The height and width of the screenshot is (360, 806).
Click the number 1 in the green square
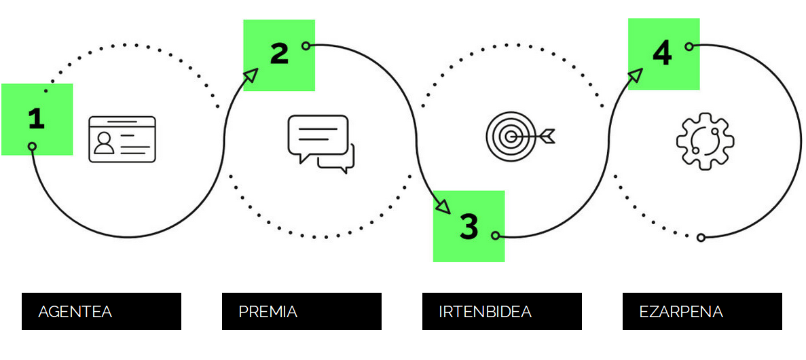coord(37,119)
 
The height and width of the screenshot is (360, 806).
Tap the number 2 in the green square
coord(280,54)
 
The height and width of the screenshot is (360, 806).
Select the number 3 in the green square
coord(469,227)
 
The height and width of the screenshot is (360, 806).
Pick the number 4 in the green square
coord(662,54)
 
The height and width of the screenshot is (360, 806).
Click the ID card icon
coord(122,139)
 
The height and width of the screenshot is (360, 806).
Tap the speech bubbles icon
coord(321,144)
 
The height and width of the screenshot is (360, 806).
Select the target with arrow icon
coord(520,137)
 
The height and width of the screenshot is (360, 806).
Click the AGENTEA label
coord(75,312)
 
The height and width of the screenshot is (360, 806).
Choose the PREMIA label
coord(268,312)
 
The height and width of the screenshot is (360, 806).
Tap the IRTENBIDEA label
coord(486,312)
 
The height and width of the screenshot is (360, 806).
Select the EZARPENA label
coord(681,312)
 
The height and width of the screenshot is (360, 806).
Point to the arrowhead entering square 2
coord(251,75)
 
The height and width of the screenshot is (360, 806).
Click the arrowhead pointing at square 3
coord(443,206)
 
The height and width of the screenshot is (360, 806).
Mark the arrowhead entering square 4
coord(636,75)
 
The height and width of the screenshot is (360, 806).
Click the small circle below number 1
coord(32,147)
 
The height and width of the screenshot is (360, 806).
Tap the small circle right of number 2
coord(306,46)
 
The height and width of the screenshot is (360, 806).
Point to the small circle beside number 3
coord(495,236)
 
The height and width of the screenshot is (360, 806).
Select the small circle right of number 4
coord(689,46)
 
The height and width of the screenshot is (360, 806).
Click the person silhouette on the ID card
coord(105,143)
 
